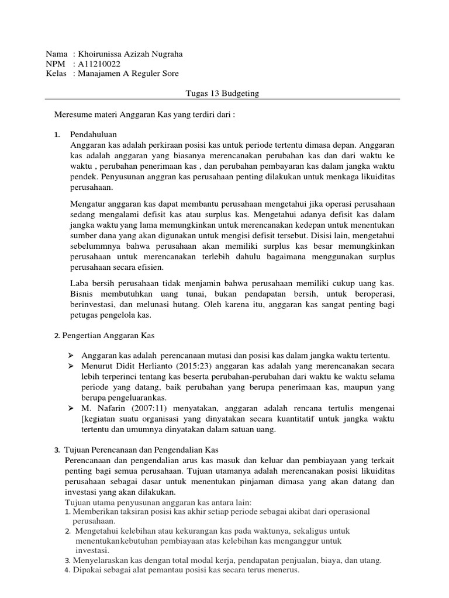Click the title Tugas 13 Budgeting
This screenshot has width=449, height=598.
[x=222, y=93]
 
